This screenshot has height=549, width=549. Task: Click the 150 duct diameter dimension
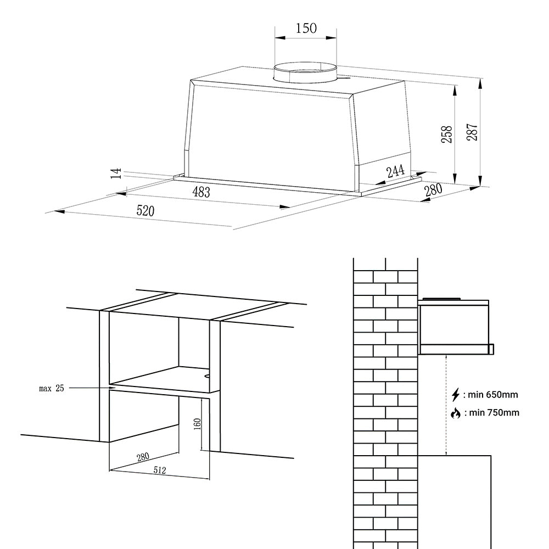tap(306, 28)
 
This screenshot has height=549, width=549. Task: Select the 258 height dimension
tap(447, 134)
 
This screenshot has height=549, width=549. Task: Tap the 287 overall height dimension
tap(473, 132)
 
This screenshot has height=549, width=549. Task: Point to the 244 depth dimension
tap(396, 171)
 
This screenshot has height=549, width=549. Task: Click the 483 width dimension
tap(200, 192)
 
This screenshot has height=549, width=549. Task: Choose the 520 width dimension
tap(145, 211)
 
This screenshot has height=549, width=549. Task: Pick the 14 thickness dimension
tap(115, 173)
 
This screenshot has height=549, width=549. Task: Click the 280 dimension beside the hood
tap(433, 191)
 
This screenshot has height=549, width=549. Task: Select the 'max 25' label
tap(52, 388)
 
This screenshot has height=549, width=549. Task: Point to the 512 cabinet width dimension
tap(160, 470)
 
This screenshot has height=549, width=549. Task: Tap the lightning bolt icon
tap(455, 394)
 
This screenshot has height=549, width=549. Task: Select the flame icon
tap(455, 413)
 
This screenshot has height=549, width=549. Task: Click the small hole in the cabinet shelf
tap(207, 377)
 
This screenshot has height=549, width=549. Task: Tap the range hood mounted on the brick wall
tap(455, 327)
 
